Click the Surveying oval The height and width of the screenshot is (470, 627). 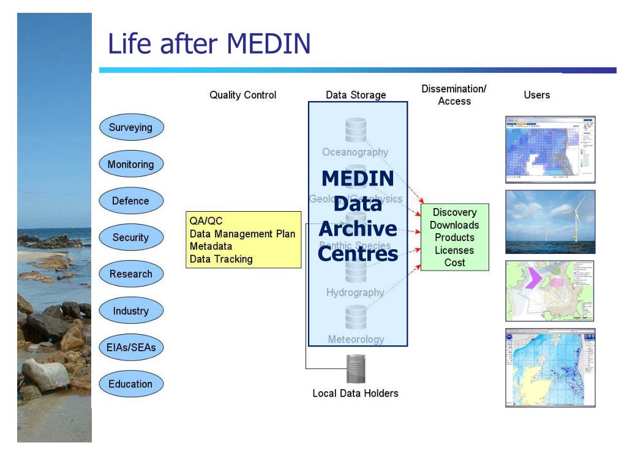tap(130, 128)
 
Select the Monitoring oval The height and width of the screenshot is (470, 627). tap(130, 165)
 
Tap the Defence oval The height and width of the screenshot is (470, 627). tap(130, 201)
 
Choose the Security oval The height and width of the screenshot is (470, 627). tap(130, 237)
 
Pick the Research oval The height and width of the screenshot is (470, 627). tap(130, 274)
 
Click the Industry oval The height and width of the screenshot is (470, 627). tap(130, 311)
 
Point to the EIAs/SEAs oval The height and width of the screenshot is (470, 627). tap(130, 348)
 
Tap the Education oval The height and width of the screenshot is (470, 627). tap(130, 384)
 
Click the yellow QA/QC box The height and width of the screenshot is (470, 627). tap(243, 240)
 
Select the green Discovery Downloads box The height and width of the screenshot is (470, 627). tap(454, 237)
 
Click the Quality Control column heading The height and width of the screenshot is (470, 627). tap(242, 95)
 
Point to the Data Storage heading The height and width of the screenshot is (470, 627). tap(356, 95)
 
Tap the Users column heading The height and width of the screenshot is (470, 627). tap(537, 95)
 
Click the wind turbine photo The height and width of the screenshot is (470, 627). tap(550, 222)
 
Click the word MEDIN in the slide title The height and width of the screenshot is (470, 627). tap(269, 44)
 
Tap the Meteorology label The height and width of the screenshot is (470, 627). tap(356, 339)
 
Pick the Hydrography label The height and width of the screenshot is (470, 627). tap(355, 293)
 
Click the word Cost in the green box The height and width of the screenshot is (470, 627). tap(455, 263)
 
